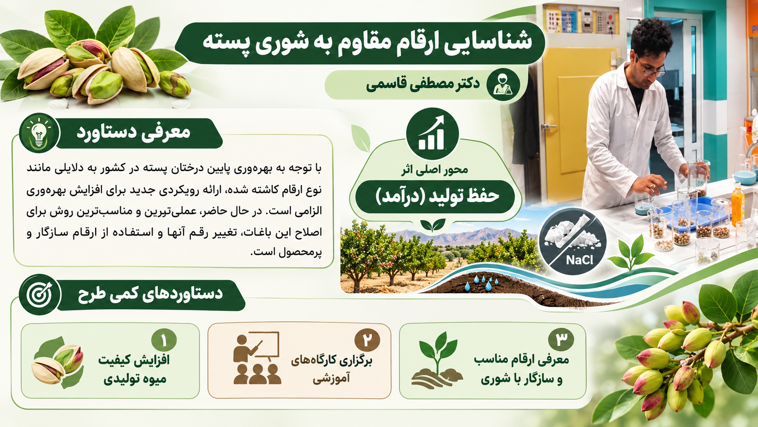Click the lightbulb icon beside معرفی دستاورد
[x=39, y=133]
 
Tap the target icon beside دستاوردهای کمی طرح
[x=40, y=294]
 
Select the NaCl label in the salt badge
[x=580, y=260]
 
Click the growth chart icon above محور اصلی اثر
[x=432, y=133]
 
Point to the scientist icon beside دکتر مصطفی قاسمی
[x=503, y=85]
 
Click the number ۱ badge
[x=164, y=340]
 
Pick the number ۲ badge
[x=367, y=340]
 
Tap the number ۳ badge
[x=561, y=340]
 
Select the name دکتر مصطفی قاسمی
[x=423, y=84]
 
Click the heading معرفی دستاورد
[x=134, y=133]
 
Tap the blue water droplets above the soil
[x=481, y=283]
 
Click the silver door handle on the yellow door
[x=548, y=127]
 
